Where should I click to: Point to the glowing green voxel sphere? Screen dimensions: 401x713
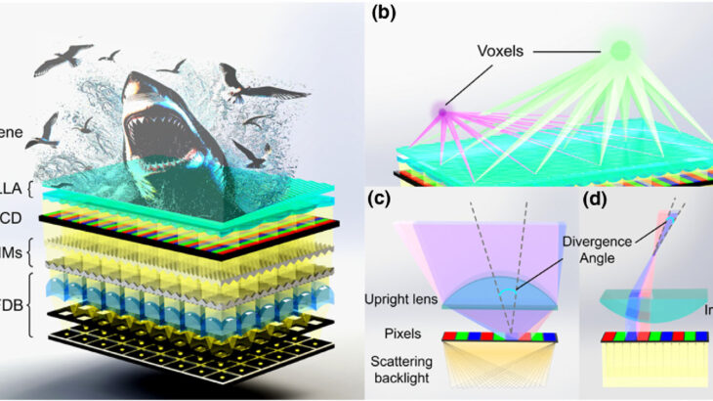pyautogui.click(x=619, y=48)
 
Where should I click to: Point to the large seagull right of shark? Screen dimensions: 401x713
pyautogui.click(x=242, y=86)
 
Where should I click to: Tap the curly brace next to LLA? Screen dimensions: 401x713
pyautogui.click(x=34, y=186)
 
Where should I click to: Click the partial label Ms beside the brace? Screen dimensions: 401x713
pyautogui.click(x=11, y=252)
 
